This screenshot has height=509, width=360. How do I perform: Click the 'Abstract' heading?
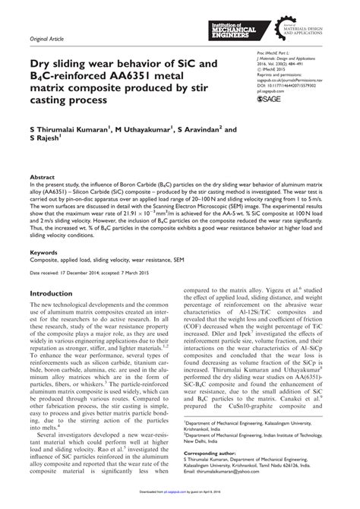tap(43, 173)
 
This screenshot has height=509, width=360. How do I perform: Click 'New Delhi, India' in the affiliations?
tap(228, 439)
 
